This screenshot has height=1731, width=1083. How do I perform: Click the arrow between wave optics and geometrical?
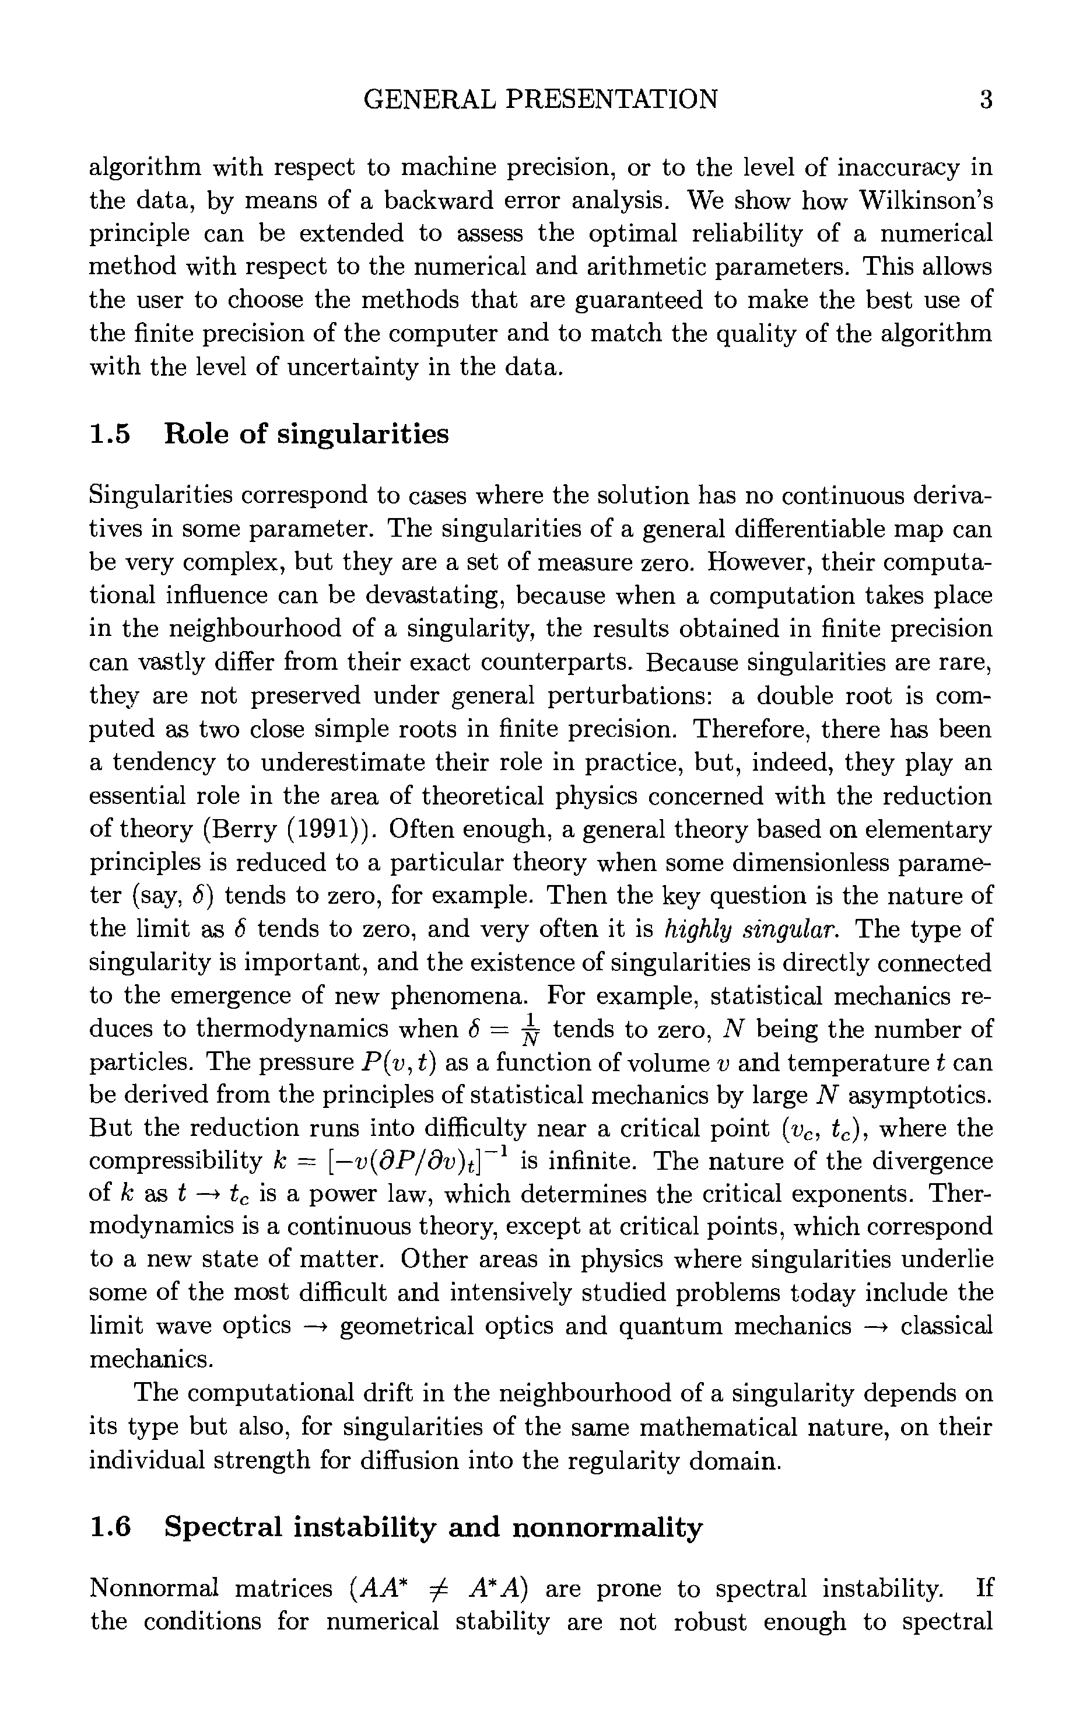pos(315,1326)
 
